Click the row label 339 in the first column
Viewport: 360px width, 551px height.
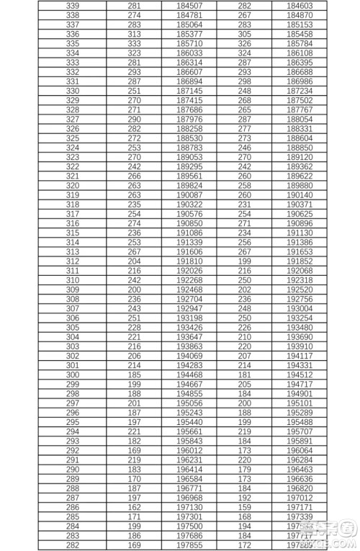pyautogui.click(x=73, y=5)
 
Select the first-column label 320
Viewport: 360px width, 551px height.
pyautogui.click(x=73, y=185)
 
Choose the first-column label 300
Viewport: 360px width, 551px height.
pyautogui.click(x=73, y=375)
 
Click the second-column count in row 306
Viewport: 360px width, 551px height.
pyautogui.click(x=134, y=318)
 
